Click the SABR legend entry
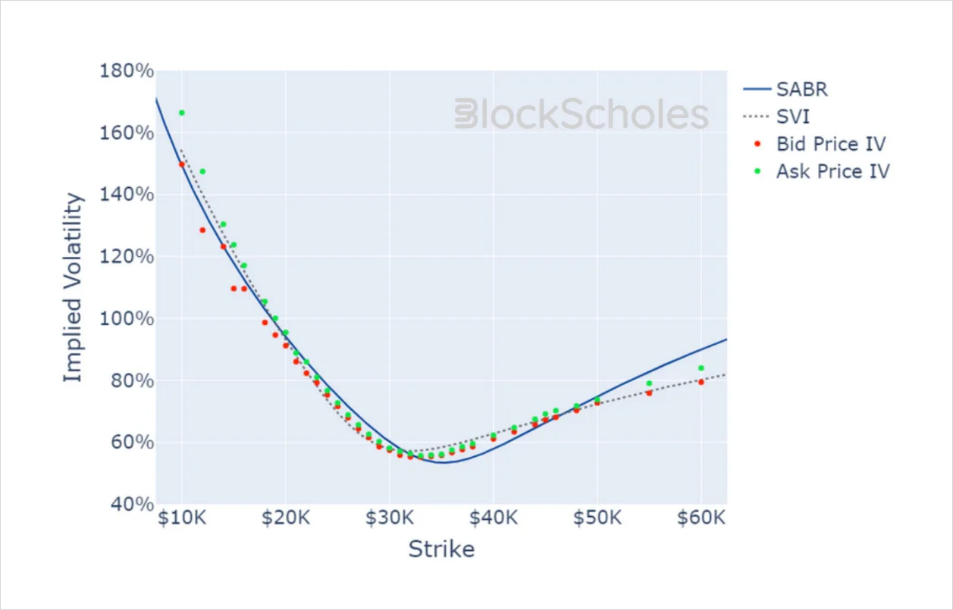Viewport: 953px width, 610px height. tap(785, 89)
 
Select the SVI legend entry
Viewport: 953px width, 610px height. tap(776, 117)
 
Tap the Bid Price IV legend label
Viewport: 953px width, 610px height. tap(831, 144)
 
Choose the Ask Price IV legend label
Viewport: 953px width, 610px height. tap(833, 171)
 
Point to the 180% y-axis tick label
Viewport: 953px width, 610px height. tap(127, 70)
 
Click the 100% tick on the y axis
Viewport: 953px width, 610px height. tap(127, 319)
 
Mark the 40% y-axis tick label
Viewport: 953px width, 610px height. tap(133, 504)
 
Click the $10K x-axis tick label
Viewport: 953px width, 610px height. tap(182, 518)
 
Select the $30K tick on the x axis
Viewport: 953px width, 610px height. tap(389, 518)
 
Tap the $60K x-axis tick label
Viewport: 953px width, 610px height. tap(701, 518)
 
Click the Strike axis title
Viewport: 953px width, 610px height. tap(441, 549)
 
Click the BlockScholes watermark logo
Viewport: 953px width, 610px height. tap(582, 114)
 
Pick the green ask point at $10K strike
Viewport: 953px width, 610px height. tap(182, 113)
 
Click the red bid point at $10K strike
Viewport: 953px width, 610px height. tap(182, 164)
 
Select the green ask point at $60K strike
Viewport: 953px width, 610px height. tap(701, 368)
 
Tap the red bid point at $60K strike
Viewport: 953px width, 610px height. tap(701, 382)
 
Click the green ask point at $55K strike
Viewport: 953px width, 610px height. tap(649, 383)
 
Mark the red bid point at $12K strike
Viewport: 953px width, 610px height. tap(202, 230)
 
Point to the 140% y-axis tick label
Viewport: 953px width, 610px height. tap(127, 195)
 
